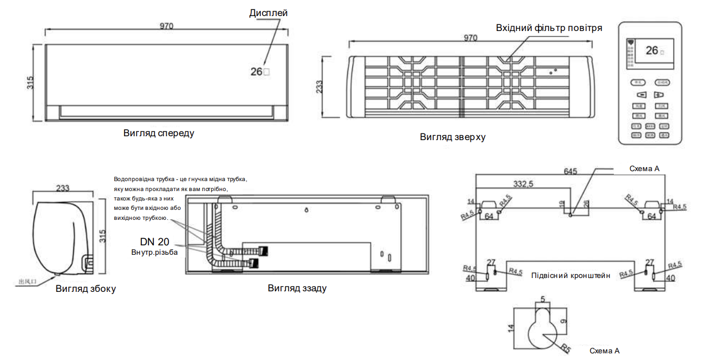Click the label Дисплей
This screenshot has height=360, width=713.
click(269, 13)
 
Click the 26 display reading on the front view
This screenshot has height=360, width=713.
click(256, 71)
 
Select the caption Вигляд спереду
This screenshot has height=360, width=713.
click(158, 133)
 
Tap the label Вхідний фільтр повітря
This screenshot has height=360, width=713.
click(548, 28)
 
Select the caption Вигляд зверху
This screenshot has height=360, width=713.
click(452, 137)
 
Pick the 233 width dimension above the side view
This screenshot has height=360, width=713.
click(63, 188)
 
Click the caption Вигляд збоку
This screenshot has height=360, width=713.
click(86, 289)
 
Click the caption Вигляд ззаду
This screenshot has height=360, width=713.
click(297, 288)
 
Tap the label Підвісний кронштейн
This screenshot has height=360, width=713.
click(571, 275)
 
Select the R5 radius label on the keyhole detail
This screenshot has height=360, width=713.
click(565, 348)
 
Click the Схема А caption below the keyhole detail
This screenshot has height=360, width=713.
click(604, 351)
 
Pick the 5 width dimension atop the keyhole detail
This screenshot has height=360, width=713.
click(542, 300)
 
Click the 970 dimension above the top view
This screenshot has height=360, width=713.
click(470, 38)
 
